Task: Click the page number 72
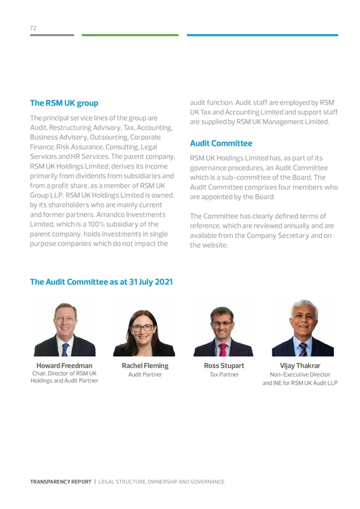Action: (x=33, y=28)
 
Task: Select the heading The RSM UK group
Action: (x=64, y=102)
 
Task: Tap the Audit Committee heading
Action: (x=221, y=143)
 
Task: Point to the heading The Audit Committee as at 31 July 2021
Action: (x=101, y=282)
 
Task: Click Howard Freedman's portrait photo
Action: (x=64, y=326)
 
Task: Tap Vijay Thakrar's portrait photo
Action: (x=303, y=328)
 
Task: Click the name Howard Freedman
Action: (x=64, y=365)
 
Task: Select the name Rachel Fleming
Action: (x=145, y=366)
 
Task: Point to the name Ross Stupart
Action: (x=224, y=366)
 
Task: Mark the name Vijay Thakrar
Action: (x=300, y=366)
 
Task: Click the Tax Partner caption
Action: (x=224, y=375)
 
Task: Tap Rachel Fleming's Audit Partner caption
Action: (x=145, y=375)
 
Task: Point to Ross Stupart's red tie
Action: (x=223, y=348)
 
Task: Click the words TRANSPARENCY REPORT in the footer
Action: (x=60, y=482)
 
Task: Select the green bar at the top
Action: (x=130, y=35)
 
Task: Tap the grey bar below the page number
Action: (x=52, y=35)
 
